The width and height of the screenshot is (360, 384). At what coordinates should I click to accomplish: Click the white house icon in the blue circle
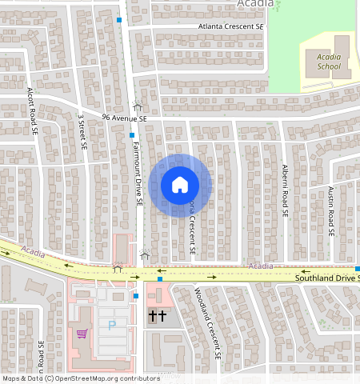point(180,186)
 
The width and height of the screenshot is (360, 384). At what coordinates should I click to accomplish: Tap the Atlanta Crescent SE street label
point(231,26)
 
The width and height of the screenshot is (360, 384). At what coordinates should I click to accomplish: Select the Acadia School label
point(329,62)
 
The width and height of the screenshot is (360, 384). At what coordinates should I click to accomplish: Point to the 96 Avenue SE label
point(125,118)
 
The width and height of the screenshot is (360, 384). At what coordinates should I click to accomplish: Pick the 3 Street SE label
point(82,131)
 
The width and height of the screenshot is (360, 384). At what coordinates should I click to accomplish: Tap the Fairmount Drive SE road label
point(137,168)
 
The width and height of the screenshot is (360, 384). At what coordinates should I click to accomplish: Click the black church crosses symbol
point(157,317)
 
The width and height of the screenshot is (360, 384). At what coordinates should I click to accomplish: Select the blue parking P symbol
point(111,326)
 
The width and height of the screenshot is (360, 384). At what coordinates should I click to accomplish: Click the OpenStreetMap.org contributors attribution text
point(80,378)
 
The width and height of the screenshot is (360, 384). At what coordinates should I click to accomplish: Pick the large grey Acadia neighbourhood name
point(256,4)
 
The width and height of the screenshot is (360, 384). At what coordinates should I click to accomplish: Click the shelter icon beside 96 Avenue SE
point(137,106)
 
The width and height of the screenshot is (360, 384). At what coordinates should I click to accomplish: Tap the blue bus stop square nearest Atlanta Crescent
point(119,19)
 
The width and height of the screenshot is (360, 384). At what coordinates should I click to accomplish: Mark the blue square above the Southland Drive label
point(357,268)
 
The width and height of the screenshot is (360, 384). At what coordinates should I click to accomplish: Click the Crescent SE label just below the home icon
point(193,228)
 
